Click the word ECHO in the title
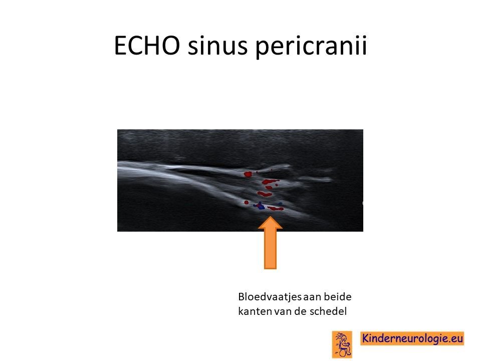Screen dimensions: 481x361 (x=147, y=45)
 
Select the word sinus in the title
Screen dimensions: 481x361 (x=217, y=46)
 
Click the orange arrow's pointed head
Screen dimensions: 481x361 (x=270, y=223)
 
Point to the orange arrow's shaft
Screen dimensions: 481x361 (x=270, y=249)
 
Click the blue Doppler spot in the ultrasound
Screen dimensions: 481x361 (x=260, y=206)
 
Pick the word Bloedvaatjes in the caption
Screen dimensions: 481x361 (x=270, y=297)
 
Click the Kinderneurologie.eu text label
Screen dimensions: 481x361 (x=412, y=338)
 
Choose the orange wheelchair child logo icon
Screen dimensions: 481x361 (x=342, y=344)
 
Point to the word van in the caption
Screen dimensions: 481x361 (x=283, y=312)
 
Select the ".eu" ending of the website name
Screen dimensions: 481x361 (x=455, y=339)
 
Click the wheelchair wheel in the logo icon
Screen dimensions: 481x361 (x=345, y=353)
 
